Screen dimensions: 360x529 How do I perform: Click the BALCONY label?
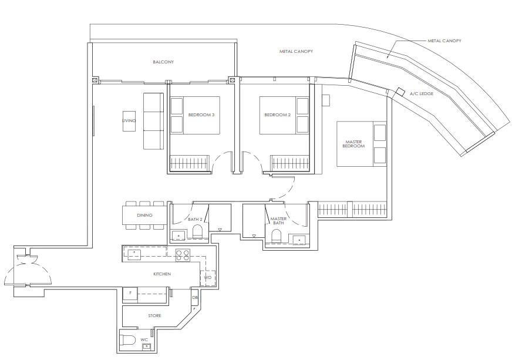163,62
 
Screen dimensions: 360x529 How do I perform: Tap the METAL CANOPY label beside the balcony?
296,52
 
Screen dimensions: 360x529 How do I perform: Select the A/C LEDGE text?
422,93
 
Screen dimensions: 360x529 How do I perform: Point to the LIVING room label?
129,121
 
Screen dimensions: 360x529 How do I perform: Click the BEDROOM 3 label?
201,115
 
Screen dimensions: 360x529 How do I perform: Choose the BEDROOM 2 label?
278,115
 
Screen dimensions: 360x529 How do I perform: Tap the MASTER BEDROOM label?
353,143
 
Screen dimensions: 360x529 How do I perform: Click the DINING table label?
144,216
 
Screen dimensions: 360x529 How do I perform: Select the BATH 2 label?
195,219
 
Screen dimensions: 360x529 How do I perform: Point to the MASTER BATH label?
278,221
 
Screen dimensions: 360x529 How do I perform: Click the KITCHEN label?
163,274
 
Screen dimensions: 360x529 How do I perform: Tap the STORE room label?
154,316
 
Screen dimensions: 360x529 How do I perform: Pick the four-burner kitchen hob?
183,254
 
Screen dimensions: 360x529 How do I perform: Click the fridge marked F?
130,293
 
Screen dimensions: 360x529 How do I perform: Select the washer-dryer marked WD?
208,277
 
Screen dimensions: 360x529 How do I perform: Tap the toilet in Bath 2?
198,234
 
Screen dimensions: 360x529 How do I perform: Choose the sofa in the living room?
154,121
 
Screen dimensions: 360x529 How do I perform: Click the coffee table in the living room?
129,122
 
